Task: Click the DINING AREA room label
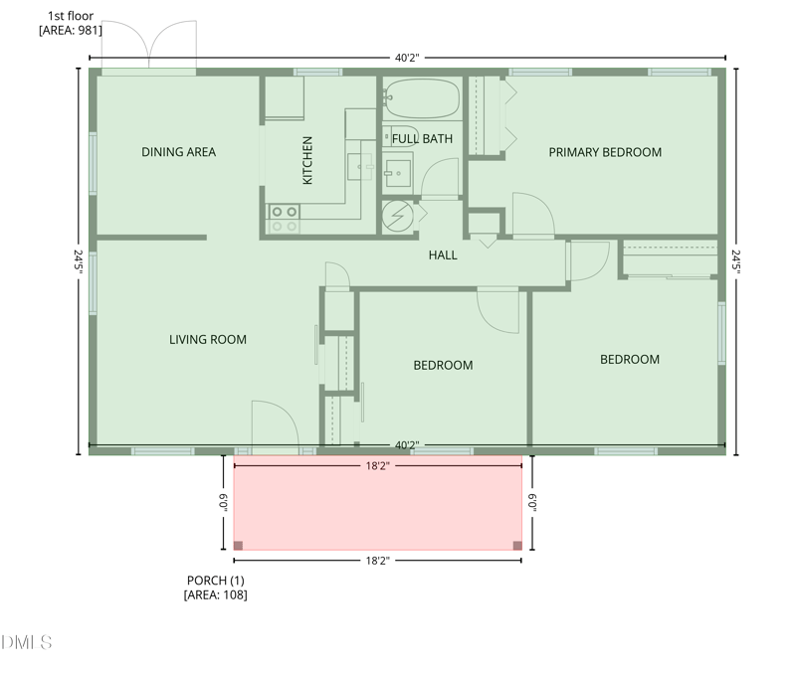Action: [x=178, y=152]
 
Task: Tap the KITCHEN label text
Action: [x=307, y=160]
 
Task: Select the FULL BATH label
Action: [x=422, y=139]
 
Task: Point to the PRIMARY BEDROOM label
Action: [x=605, y=152]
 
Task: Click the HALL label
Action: [x=443, y=255]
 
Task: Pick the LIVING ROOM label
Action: [x=207, y=340]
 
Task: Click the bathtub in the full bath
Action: [x=422, y=99]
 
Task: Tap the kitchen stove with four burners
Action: [x=284, y=219]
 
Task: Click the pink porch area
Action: [x=377, y=503]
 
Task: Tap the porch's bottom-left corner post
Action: [x=239, y=545]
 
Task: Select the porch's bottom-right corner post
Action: [x=516, y=545]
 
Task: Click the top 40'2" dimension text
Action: [x=406, y=58]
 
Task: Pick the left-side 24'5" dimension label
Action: [x=78, y=260]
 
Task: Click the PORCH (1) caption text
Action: [x=215, y=581]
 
